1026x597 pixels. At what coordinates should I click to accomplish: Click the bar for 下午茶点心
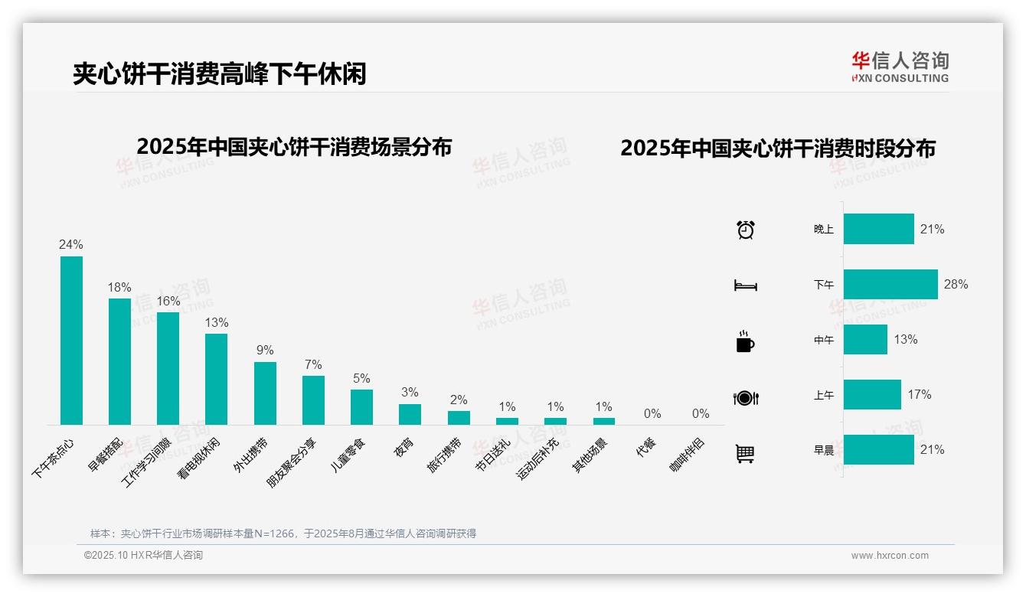click(71, 341)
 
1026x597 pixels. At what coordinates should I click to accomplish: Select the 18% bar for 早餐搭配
click(119, 361)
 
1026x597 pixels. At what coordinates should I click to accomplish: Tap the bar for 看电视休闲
click(216, 379)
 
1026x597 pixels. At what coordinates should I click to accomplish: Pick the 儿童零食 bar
click(361, 407)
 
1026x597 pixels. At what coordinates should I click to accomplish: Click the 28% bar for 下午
click(890, 284)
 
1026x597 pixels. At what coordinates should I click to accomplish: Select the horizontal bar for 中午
click(865, 339)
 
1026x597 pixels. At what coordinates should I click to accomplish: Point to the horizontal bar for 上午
click(872, 394)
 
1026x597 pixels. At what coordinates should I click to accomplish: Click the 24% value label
click(71, 245)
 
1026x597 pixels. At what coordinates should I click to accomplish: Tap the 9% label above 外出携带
click(265, 351)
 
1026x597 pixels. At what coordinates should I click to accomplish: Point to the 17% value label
click(920, 394)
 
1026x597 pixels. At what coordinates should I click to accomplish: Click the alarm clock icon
click(745, 230)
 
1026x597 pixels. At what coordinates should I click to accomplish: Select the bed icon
click(745, 285)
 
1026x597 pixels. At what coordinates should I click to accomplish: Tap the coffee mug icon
click(745, 341)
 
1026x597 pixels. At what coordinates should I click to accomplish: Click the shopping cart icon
click(745, 453)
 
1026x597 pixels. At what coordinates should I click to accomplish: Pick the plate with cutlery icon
click(745, 398)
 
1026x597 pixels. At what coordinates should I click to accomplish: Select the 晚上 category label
click(824, 230)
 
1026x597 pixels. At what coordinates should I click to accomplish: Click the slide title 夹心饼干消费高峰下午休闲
click(219, 73)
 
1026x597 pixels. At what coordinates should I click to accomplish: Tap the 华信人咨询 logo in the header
click(900, 67)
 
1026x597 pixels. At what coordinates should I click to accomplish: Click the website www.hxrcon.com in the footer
click(890, 556)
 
